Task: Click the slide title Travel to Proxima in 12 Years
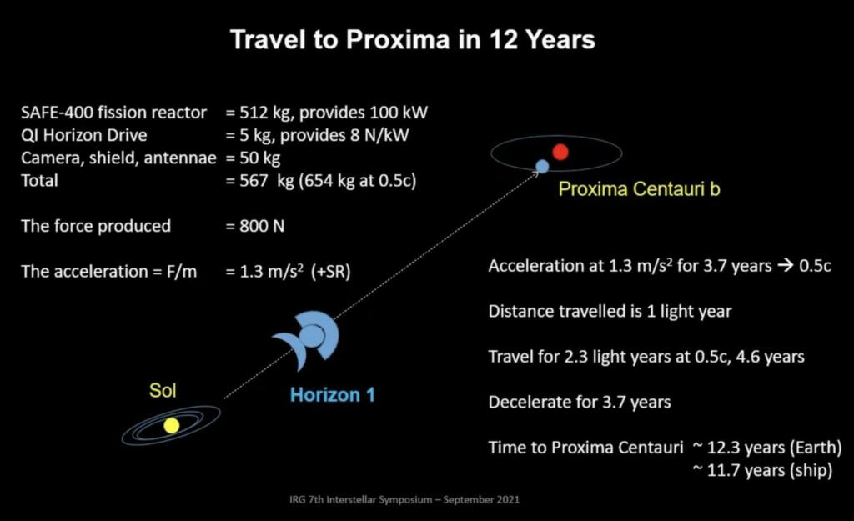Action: pyautogui.click(x=412, y=40)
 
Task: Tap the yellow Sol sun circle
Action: pyautogui.click(x=172, y=425)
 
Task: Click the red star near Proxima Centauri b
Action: pyautogui.click(x=560, y=152)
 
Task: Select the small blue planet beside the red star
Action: pyautogui.click(x=542, y=166)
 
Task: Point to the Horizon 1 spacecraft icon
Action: pyautogui.click(x=309, y=338)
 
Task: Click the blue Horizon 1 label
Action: pyautogui.click(x=332, y=395)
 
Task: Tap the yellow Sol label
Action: pyautogui.click(x=163, y=390)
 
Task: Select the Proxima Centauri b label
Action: pyautogui.click(x=639, y=189)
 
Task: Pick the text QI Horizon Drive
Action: pyautogui.click(x=86, y=135)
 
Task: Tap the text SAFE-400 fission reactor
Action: pyautogui.click(x=113, y=113)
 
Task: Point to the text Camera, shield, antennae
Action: pyautogui.click(x=118, y=158)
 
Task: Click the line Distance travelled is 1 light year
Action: pyautogui.click(x=610, y=312)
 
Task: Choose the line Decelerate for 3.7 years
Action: pyautogui.click(x=580, y=403)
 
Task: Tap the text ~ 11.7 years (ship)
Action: pyautogui.click(x=762, y=471)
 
